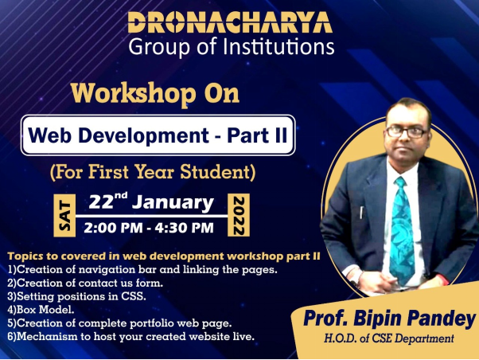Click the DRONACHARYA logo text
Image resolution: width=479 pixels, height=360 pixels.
230,22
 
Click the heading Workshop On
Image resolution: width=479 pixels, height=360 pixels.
155,94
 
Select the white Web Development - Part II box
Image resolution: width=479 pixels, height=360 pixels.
158,135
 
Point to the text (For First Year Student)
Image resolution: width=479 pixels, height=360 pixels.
153,172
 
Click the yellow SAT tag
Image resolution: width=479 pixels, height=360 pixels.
64,215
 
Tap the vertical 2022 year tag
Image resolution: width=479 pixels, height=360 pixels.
239,215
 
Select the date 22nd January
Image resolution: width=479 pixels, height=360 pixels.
151,202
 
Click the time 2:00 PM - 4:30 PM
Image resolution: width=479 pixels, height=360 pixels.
149,228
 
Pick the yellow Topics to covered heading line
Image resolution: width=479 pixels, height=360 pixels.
164,256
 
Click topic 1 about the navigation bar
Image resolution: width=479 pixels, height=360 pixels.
142,270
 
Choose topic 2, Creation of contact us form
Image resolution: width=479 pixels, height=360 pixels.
85,284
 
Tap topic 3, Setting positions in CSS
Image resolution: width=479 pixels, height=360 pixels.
76,297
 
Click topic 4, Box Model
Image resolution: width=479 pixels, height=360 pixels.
41,310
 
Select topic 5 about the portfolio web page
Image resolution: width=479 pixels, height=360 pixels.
119,323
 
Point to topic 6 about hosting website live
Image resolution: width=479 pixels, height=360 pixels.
131,337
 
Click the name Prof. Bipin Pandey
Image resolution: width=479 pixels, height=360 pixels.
390,319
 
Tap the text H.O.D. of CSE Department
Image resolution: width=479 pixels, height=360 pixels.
389,339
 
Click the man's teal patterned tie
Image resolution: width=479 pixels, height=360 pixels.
402,230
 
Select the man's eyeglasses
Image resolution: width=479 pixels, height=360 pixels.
407,132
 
